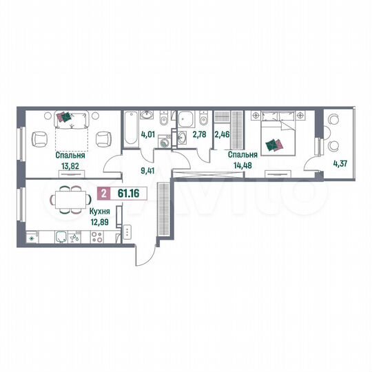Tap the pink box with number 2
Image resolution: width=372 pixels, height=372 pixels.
pos(103,195)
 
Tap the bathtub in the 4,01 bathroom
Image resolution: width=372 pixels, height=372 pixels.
pos(132,127)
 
